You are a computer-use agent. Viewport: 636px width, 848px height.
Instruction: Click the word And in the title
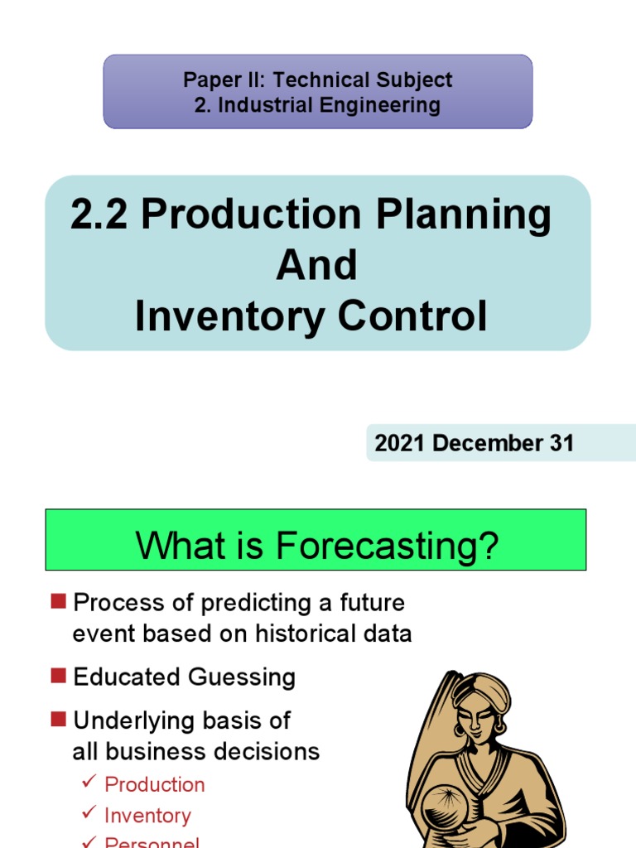point(317,266)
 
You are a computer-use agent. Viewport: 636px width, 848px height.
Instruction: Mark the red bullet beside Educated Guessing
point(57,676)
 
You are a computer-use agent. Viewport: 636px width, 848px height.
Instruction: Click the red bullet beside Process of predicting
point(57,601)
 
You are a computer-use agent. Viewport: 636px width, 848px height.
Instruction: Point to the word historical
point(305,634)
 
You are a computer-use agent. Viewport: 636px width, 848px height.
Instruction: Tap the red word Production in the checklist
point(155,784)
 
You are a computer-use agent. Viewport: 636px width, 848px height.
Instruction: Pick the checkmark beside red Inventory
point(89,815)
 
